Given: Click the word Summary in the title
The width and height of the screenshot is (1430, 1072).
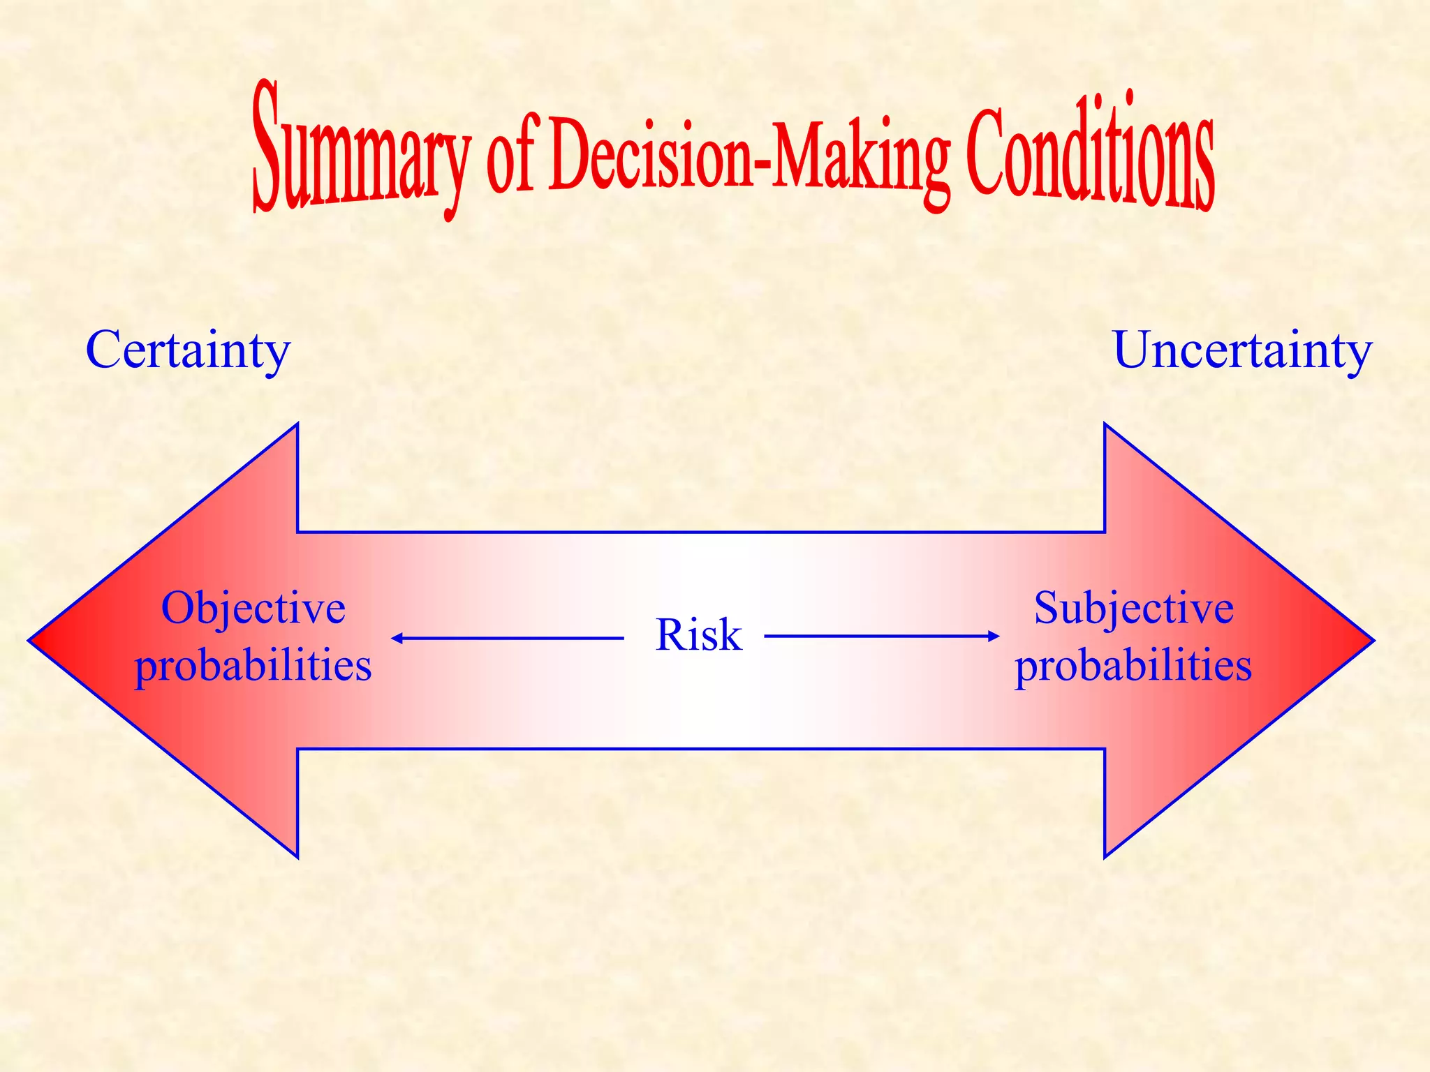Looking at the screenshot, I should [360, 150].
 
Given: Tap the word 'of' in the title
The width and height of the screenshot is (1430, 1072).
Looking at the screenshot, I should [510, 155].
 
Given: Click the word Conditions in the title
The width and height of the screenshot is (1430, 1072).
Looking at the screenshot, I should [1090, 157].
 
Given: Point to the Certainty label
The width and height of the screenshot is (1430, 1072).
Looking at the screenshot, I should [188, 350].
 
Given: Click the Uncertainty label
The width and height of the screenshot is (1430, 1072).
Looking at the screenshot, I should [1242, 350].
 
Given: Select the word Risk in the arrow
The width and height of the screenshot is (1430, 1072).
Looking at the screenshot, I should [698, 635].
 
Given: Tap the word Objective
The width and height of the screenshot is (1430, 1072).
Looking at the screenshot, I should [253, 608].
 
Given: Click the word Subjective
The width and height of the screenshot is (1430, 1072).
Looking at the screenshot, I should [1133, 608].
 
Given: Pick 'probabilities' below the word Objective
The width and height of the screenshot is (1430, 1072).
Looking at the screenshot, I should [253, 665].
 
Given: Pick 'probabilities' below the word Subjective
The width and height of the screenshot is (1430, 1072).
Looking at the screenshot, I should [1133, 665].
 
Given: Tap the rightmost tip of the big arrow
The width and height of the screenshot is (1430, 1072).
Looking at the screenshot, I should [1372, 640].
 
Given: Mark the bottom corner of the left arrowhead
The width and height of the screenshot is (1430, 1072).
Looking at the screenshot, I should [297, 856].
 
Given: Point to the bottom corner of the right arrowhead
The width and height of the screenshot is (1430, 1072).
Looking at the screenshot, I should [1105, 856].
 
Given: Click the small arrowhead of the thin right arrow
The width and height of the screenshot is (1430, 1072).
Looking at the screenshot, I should [994, 636].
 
